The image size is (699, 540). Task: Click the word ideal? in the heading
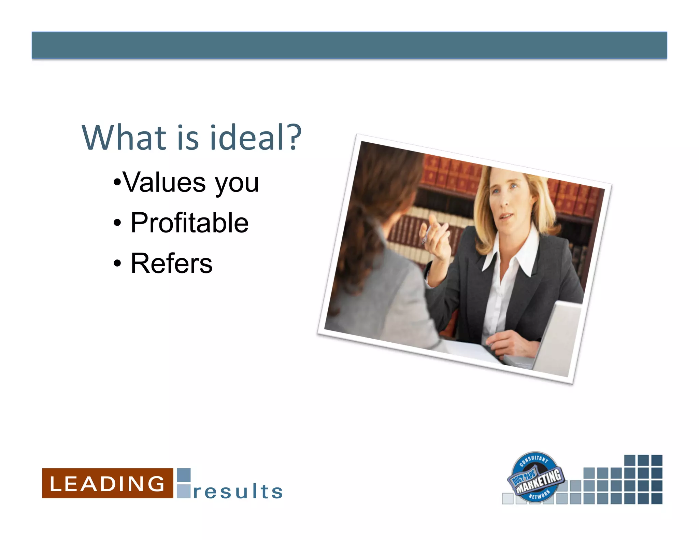point(255,138)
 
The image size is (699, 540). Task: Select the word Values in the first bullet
point(165,183)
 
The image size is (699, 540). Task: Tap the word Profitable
point(189,223)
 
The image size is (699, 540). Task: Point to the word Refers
point(171,263)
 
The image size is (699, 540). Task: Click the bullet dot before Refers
point(117,264)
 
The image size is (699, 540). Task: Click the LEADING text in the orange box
point(107,484)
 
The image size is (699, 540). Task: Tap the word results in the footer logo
point(238,492)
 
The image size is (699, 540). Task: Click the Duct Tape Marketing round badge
point(535,477)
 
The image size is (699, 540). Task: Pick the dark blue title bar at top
point(349,45)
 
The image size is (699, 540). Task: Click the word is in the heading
point(188,138)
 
